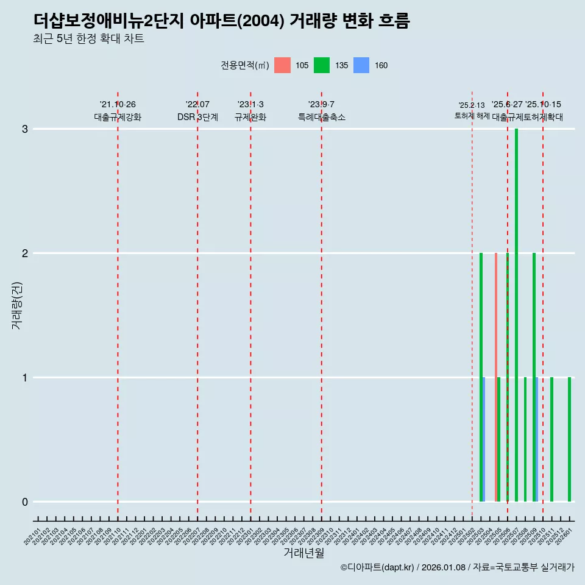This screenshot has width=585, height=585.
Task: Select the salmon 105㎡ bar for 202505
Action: (x=496, y=377)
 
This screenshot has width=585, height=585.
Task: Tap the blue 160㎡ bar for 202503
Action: (x=484, y=439)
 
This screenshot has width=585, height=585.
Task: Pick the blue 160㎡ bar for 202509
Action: (x=537, y=439)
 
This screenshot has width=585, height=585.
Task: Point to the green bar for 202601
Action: (x=570, y=439)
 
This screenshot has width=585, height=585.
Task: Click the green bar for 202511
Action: (x=552, y=439)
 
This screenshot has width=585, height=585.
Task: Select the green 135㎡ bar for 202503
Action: (x=481, y=377)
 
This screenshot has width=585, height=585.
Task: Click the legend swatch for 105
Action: (x=282, y=65)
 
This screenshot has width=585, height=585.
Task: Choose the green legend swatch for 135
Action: (x=322, y=65)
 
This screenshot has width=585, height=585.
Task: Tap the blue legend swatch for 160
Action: (x=361, y=65)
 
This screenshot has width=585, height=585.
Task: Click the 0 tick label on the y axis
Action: (x=25, y=502)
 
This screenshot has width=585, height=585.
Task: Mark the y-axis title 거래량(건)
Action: (x=17, y=305)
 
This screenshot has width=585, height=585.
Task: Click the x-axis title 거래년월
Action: (x=303, y=553)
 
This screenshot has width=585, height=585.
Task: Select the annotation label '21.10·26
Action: (x=118, y=104)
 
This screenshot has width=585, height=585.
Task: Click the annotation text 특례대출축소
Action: (x=322, y=117)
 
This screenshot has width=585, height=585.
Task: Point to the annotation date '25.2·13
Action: (x=472, y=105)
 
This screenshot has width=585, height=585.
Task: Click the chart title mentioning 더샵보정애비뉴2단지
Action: (x=222, y=21)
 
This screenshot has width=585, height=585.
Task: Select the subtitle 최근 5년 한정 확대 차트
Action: (x=89, y=40)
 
